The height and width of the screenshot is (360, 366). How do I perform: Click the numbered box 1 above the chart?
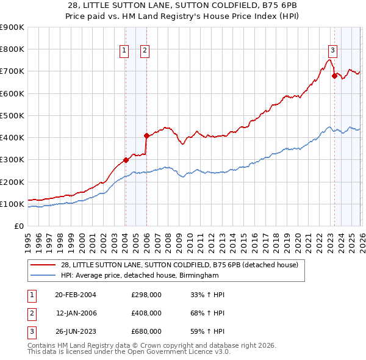coord(124,51)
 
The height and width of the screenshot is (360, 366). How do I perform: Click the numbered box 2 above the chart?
coord(145,51)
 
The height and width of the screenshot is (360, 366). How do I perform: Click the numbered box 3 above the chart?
coord(333,51)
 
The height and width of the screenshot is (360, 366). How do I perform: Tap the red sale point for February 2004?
coord(126,160)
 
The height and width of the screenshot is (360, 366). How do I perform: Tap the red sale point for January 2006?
coord(146,135)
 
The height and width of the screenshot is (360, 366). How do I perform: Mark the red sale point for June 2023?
coord(334,76)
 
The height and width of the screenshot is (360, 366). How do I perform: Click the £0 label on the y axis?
coord(18,226)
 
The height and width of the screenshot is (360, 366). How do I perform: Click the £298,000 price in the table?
coord(146,295)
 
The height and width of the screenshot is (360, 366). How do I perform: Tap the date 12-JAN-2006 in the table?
coord(76,313)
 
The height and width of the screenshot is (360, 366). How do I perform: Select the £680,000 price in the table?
coord(146,331)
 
